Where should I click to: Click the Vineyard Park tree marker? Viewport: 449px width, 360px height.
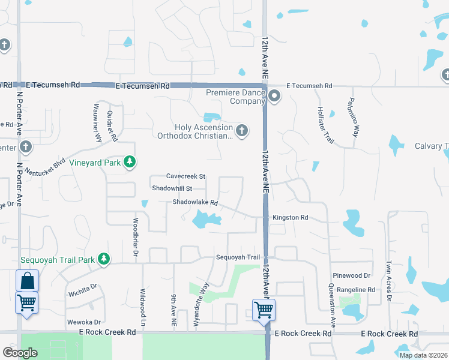[129, 162]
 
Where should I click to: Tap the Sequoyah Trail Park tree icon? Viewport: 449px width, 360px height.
[104, 259]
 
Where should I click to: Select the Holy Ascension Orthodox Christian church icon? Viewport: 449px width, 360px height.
[241, 130]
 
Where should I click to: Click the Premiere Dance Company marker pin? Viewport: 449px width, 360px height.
[274, 96]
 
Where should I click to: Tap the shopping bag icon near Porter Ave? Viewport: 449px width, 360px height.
[27, 280]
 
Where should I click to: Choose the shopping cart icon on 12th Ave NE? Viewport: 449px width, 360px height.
[264, 310]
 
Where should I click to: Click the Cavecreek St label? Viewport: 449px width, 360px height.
[186, 176]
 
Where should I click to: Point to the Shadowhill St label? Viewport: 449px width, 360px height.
[172, 188]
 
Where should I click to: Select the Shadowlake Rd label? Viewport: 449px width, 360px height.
[194, 203]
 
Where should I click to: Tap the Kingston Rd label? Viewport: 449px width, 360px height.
[291, 217]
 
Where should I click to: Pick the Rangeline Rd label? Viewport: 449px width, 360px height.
[355, 289]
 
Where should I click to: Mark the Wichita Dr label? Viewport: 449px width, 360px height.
[83, 294]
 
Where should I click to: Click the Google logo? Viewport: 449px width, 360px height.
[20, 353]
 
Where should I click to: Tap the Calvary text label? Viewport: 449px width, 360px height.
[431, 146]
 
